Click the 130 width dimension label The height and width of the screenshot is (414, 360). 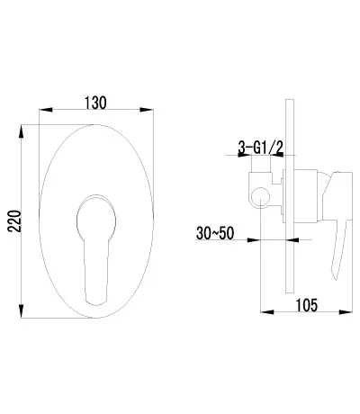pyautogui.click(x=95, y=103)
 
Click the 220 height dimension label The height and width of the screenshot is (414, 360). pyautogui.click(x=15, y=221)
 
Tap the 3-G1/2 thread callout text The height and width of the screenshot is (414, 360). pyautogui.click(x=261, y=148)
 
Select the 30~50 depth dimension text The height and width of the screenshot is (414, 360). pyautogui.click(x=215, y=233)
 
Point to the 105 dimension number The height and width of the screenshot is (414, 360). pyautogui.click(x=307, y=305)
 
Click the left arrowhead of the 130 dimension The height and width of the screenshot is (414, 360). pyautogui.click(x=46, y=110)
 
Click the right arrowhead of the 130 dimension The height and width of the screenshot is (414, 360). pyautogui.click(x=147, y=110)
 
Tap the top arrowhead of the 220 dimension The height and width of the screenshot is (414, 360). pyautogui.click(x=21, y=131)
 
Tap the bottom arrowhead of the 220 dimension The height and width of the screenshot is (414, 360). pyautogui.click(x=21, y=311)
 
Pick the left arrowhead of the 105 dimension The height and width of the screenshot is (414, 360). pyautogui.click(x=267, y=312)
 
